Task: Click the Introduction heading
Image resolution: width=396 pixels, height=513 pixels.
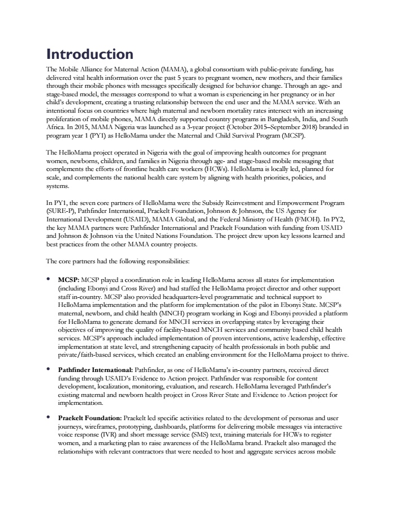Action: (x=90, y=54)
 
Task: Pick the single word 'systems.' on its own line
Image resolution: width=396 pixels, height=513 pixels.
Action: (x=58, y=185)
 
